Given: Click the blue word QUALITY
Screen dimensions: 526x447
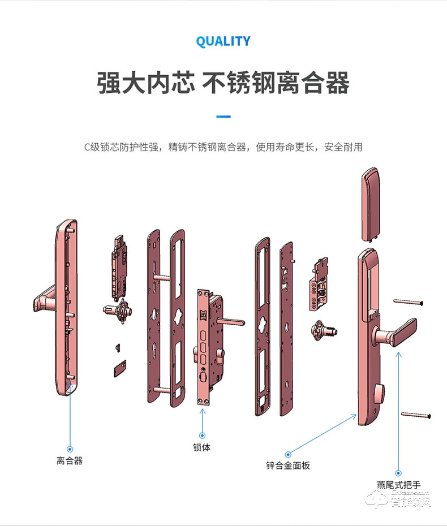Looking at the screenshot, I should click(223, 41).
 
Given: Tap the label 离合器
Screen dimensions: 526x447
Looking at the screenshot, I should click(70, 460).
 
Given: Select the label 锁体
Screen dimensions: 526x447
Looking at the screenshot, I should click(201, 447).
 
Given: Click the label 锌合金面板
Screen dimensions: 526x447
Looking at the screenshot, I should click(288, 465).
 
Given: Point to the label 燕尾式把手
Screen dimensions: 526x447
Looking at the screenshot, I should click(398, 485).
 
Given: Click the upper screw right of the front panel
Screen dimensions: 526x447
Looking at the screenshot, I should click(408, 302).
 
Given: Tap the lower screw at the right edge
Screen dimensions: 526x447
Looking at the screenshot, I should click(416, 416).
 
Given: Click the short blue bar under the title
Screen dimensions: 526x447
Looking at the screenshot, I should click(223, 117).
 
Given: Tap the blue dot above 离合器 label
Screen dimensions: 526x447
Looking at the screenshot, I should click(70, 449).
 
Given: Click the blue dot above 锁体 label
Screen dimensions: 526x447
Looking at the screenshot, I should click(202, 435).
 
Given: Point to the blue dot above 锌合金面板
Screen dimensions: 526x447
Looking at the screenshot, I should click(288, 454).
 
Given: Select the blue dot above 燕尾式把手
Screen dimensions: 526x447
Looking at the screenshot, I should click(398, 472).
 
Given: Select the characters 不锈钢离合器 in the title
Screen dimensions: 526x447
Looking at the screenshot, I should click(276, 83).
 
